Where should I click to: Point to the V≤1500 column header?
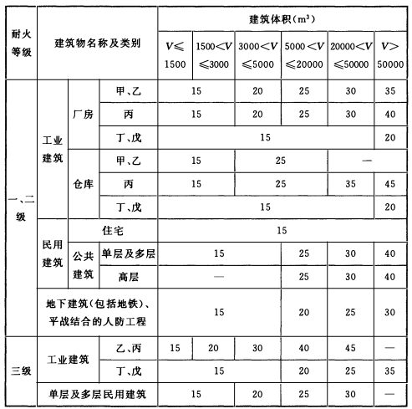[x=174, y=53]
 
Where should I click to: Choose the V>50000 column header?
[x=391, y=53]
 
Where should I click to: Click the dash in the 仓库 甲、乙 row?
[x=369, y=158]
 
